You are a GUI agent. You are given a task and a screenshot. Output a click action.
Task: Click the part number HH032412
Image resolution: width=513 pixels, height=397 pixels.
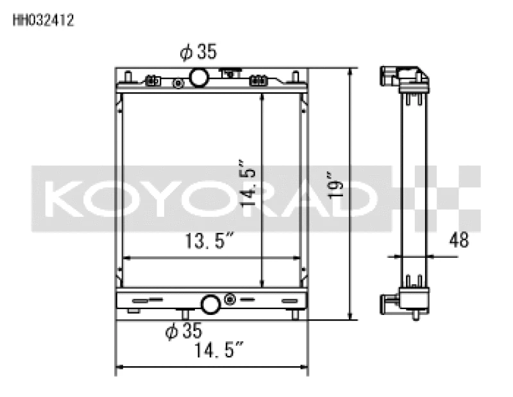(x=43, y=20)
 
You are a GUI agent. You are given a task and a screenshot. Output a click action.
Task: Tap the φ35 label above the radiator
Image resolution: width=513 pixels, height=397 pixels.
(x=198, y=53)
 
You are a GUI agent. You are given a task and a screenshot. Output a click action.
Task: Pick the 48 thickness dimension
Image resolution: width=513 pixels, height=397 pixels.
(x=458, y=240)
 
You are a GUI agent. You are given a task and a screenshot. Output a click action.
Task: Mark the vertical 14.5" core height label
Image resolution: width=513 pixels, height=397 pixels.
(x=248, y=182)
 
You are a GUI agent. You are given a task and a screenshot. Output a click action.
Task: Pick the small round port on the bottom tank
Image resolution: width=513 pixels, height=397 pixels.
(x=230, y=300)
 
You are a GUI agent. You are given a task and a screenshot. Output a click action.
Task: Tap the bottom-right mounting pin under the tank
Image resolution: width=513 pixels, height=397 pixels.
(x=295, y=315)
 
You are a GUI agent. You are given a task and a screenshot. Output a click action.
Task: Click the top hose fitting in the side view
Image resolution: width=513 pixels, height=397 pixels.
(x=389, y=76)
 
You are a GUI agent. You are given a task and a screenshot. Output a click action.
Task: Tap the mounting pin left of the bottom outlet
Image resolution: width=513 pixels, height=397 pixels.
(x=184, y=314)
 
